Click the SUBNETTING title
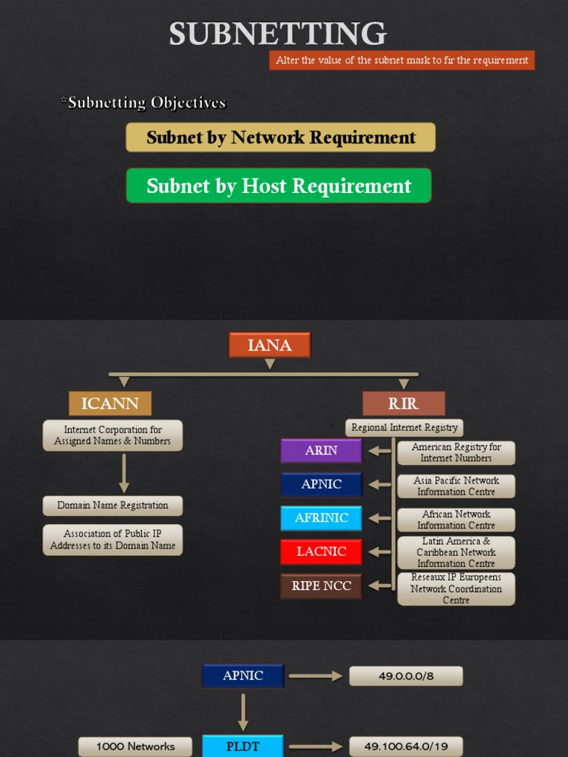tap(277, 34)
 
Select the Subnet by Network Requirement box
tap(280, 138)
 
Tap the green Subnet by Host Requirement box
tap(278, 186)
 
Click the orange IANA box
tap(270, 344)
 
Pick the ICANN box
tap(110, 404)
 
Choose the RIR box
tap(403, 404)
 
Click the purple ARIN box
tap(321, 450)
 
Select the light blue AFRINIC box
tap(321, 518)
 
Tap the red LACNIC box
tap(321, 551)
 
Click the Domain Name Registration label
tap(113, 506)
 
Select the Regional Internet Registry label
tap(404, 427)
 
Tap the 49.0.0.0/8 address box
tap(406, 676)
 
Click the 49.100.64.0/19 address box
tap(406, 746)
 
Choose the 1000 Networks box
tap(135, 746)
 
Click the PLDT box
tap(243, 746)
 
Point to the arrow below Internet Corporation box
tap(124, 473)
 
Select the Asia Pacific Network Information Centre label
tap(456, 486)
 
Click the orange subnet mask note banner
tap(402, 61)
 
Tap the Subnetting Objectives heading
tap(143, 103)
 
